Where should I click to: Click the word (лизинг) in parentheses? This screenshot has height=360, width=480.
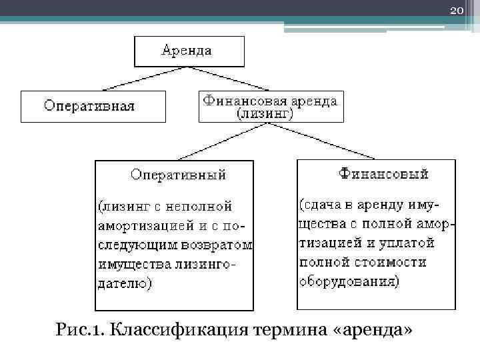(x=266, y=114)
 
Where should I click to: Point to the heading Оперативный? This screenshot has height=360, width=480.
(x=178, y=175)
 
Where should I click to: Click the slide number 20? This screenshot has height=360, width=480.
(x=457, y=10)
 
